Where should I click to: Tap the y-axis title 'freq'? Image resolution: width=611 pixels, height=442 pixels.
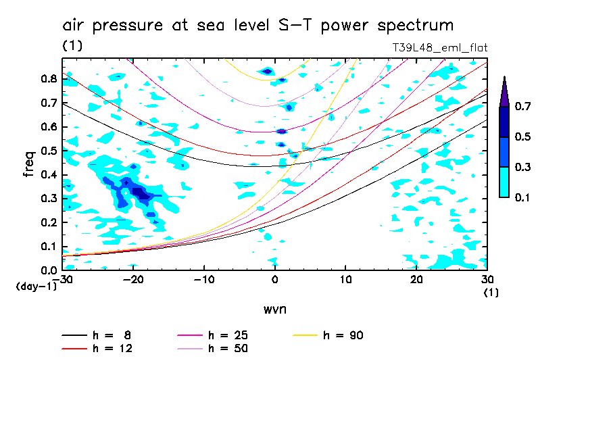[28, 164]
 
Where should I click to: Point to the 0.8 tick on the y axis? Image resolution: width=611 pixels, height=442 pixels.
[47, 79]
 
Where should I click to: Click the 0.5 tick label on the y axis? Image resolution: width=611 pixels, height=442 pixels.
[47, 151]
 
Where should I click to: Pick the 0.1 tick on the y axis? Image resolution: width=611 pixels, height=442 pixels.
[47, 247]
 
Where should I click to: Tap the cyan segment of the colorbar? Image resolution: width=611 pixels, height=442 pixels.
[504, 182]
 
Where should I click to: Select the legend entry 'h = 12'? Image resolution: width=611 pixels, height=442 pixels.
[112, 349]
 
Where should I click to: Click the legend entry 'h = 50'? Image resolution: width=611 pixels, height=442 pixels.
[228, 349]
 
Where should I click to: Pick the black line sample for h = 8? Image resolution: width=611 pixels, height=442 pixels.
[74, 335]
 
